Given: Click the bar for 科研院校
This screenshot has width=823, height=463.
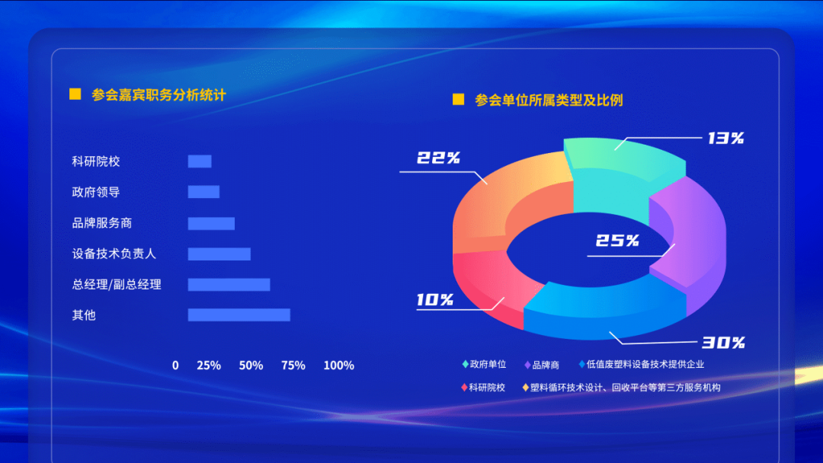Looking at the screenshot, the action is coord(200,161).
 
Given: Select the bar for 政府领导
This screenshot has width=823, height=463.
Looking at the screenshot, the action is coord(203,192).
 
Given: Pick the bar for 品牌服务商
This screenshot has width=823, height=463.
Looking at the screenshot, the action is coord(211,223).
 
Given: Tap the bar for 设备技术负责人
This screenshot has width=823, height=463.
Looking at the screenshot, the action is coord(219,254).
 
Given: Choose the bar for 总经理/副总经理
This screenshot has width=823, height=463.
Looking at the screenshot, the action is coord(229,284).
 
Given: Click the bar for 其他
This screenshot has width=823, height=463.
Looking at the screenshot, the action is coord(239,315).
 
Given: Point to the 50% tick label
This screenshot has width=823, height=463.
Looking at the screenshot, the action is coord(251,366).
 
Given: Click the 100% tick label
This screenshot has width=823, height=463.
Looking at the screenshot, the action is coord(338,366).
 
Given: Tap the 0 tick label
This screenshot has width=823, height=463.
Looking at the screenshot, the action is coord(175,366).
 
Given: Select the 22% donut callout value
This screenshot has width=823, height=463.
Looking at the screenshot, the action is coord(438,158).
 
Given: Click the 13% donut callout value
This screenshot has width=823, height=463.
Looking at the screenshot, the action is coord(726,138).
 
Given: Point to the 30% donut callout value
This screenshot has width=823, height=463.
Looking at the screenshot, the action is coord(723,343).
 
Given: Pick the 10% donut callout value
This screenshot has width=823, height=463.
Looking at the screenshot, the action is coord(434,299).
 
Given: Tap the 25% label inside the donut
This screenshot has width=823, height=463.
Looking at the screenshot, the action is coord(617,240).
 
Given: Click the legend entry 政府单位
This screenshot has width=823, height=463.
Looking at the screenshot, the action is coord(484,364).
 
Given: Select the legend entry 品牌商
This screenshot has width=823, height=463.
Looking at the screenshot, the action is coord(542,365).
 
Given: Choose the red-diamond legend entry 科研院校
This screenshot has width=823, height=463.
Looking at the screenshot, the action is coord(483,388).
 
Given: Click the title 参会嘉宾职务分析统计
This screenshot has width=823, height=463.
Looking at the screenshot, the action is coord(159,95).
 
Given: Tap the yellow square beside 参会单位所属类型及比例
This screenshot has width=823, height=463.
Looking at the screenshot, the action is coord(458,99).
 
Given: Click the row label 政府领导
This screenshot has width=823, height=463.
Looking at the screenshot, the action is coord(96,192).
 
